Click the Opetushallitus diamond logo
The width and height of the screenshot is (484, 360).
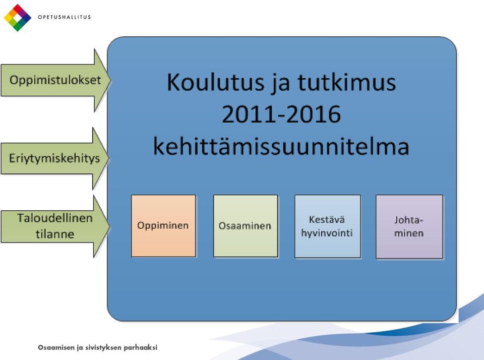click(x=17, y=18)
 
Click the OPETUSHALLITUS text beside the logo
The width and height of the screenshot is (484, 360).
click(x=64, y=17)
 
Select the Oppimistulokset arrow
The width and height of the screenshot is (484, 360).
click(x=55, y=80)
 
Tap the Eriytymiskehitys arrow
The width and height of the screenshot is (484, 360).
click(x=55, y=158)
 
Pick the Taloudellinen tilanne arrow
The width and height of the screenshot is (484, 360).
click(x=55, y=226)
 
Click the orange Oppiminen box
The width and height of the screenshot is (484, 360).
click(x=163, y=226)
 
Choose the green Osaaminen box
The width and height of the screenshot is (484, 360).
click(x=246, y=226)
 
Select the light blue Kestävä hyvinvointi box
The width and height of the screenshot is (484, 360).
click(x=328, y=226)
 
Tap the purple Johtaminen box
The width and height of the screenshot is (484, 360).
click(x=409, y=226)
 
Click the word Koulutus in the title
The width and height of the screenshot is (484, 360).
click(x=215, y=82)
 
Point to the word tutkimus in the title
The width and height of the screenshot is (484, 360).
click(x=347, y=82)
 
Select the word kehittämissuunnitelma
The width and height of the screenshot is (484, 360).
click(x=281, y=146)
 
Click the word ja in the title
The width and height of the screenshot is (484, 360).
click(x=281, y=84)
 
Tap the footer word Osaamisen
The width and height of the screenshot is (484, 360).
click(x=56, y=347)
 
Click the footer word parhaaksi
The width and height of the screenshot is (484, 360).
click(x=141, y=348)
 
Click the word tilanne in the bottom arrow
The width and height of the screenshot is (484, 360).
click(x=55, y=234)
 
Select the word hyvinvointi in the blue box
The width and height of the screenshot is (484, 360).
click(x=327, y=233)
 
